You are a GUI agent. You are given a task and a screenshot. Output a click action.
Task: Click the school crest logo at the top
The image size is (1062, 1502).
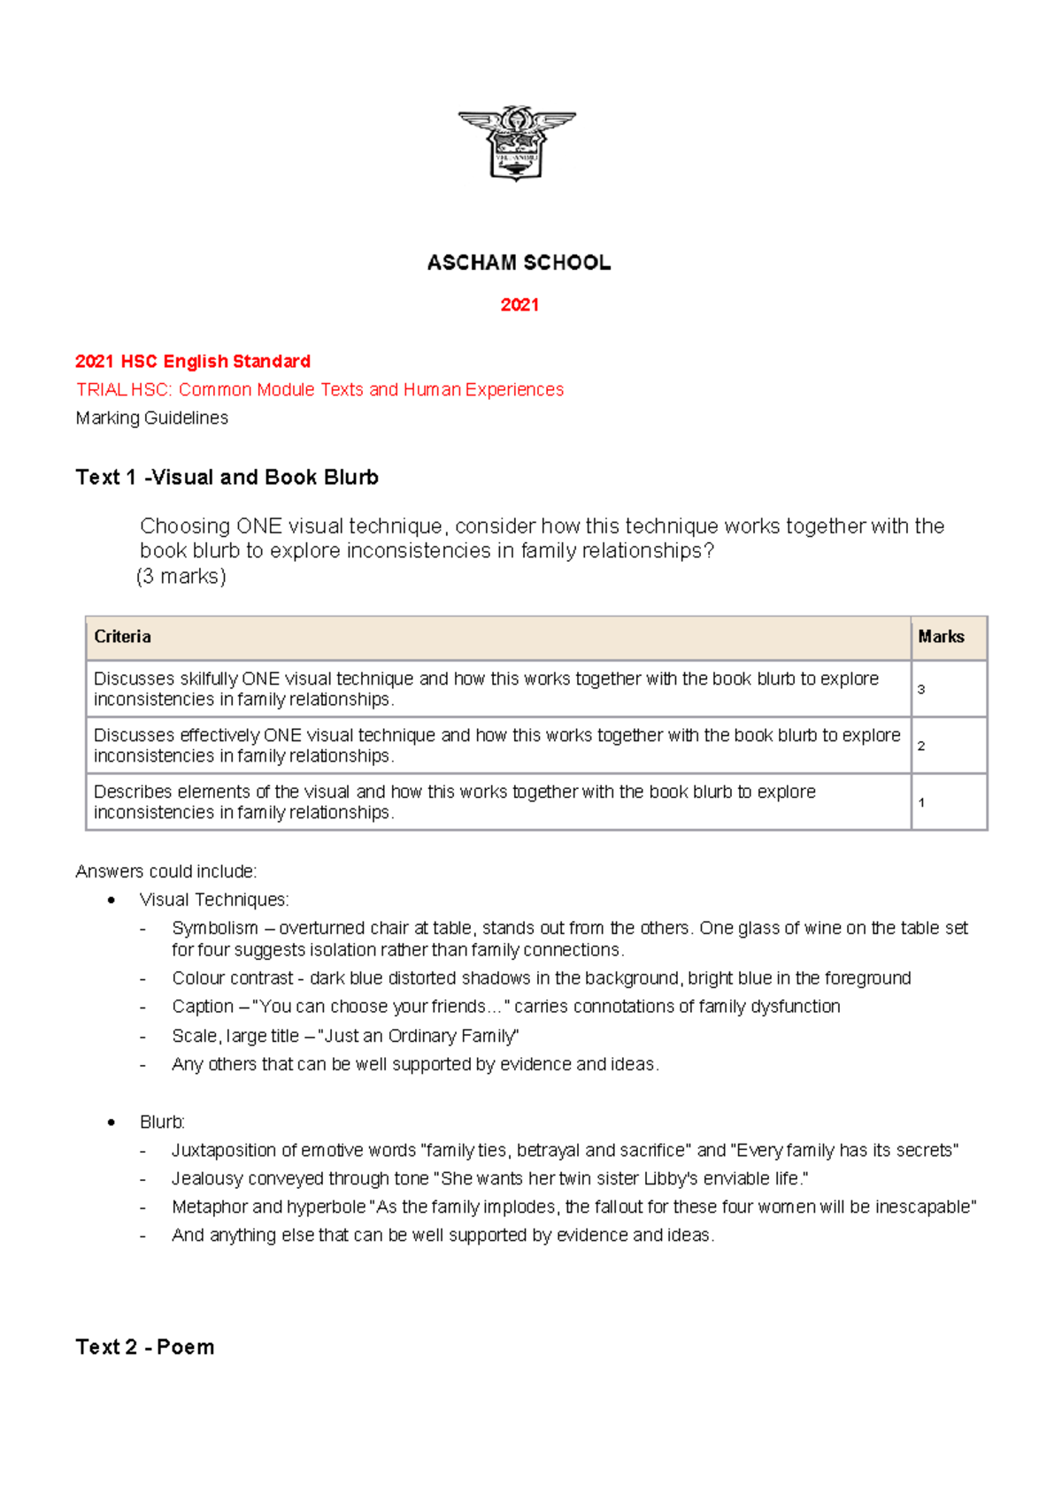[x=517, y=142]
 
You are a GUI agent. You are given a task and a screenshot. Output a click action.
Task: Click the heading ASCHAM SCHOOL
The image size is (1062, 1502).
[x=519, y=263]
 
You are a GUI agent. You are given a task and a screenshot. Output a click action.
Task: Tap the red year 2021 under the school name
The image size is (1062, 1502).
[x=519, y=305]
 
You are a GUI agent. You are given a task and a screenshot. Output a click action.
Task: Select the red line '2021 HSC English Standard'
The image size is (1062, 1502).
[x=193, y=361]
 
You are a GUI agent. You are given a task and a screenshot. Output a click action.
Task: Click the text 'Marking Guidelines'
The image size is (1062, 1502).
[x=152, y=418]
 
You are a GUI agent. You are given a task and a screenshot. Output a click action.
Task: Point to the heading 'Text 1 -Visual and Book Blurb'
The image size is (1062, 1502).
[x=227, y=478]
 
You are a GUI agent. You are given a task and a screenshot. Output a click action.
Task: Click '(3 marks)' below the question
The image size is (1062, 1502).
[x=182, y=577]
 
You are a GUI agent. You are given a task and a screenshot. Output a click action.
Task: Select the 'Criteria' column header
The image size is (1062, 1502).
[x=122, y=637]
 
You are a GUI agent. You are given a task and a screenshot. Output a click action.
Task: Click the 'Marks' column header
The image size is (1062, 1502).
[x=941, y=637]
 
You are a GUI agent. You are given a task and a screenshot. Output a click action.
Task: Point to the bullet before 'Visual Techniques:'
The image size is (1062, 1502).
[x=112, y=900]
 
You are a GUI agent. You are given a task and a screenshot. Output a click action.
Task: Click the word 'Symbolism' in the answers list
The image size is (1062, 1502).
[x=215, y=928]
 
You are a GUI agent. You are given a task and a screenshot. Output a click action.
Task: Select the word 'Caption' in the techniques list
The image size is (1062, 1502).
[x=203, y=1007]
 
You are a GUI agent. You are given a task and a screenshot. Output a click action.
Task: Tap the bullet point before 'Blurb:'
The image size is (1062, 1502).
[x=112, y=1123]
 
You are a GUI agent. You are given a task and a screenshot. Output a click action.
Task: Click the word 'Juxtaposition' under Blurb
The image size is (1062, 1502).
[x=224, y=1151]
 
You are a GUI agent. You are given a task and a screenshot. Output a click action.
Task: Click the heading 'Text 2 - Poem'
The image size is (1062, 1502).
[x=145, y=1347]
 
